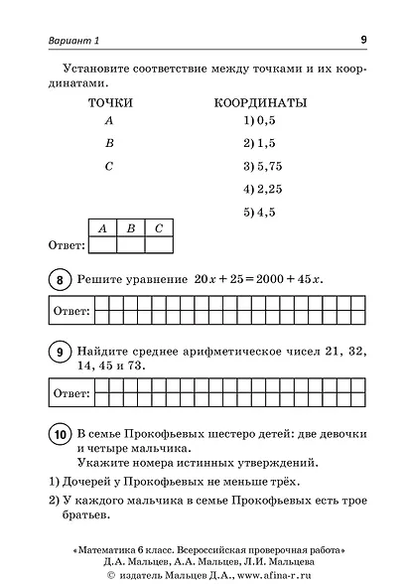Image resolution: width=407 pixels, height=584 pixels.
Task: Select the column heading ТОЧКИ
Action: point(110,102)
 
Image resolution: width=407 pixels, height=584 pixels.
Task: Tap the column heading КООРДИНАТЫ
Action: point(260,102)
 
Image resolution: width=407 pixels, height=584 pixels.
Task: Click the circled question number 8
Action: point(59,282)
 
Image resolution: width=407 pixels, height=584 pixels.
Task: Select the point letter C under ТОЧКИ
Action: point(109,166)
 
